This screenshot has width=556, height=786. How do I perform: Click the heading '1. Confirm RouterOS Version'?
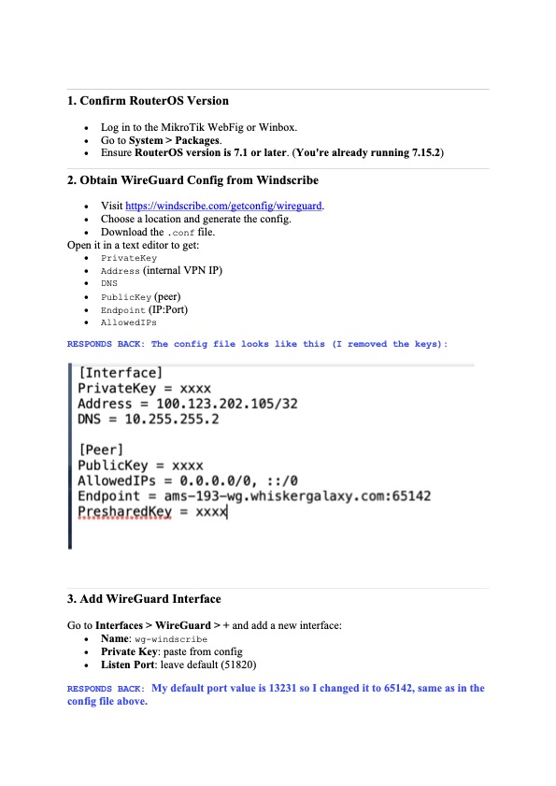(x=148, y=101)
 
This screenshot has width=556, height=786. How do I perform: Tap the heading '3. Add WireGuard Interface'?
(x=144, y=599)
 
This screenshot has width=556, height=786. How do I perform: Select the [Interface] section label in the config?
(x=121, y=372)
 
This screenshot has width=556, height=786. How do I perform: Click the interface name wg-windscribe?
(x=172, y=640)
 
